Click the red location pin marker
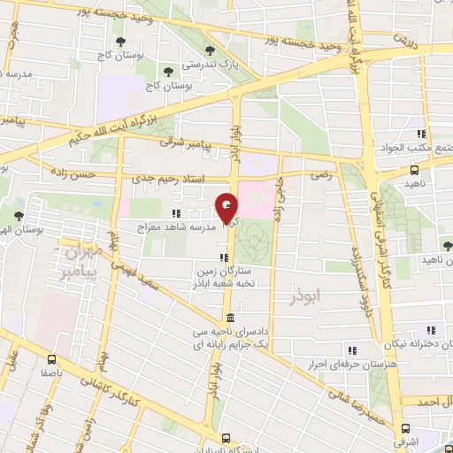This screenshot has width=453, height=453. point(227,210)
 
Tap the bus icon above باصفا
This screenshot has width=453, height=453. point(52,360)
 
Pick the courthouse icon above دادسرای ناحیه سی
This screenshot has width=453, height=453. point(230,318)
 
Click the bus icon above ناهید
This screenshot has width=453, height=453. point(415,171)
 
